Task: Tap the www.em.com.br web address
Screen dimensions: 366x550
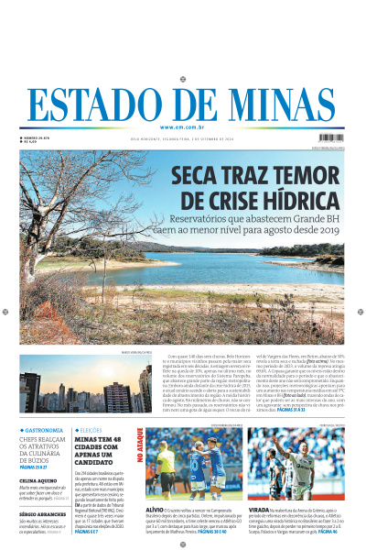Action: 182,126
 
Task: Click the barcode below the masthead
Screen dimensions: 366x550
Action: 332,139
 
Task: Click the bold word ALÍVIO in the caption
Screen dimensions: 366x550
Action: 156,510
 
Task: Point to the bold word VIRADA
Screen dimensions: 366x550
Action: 259,510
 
